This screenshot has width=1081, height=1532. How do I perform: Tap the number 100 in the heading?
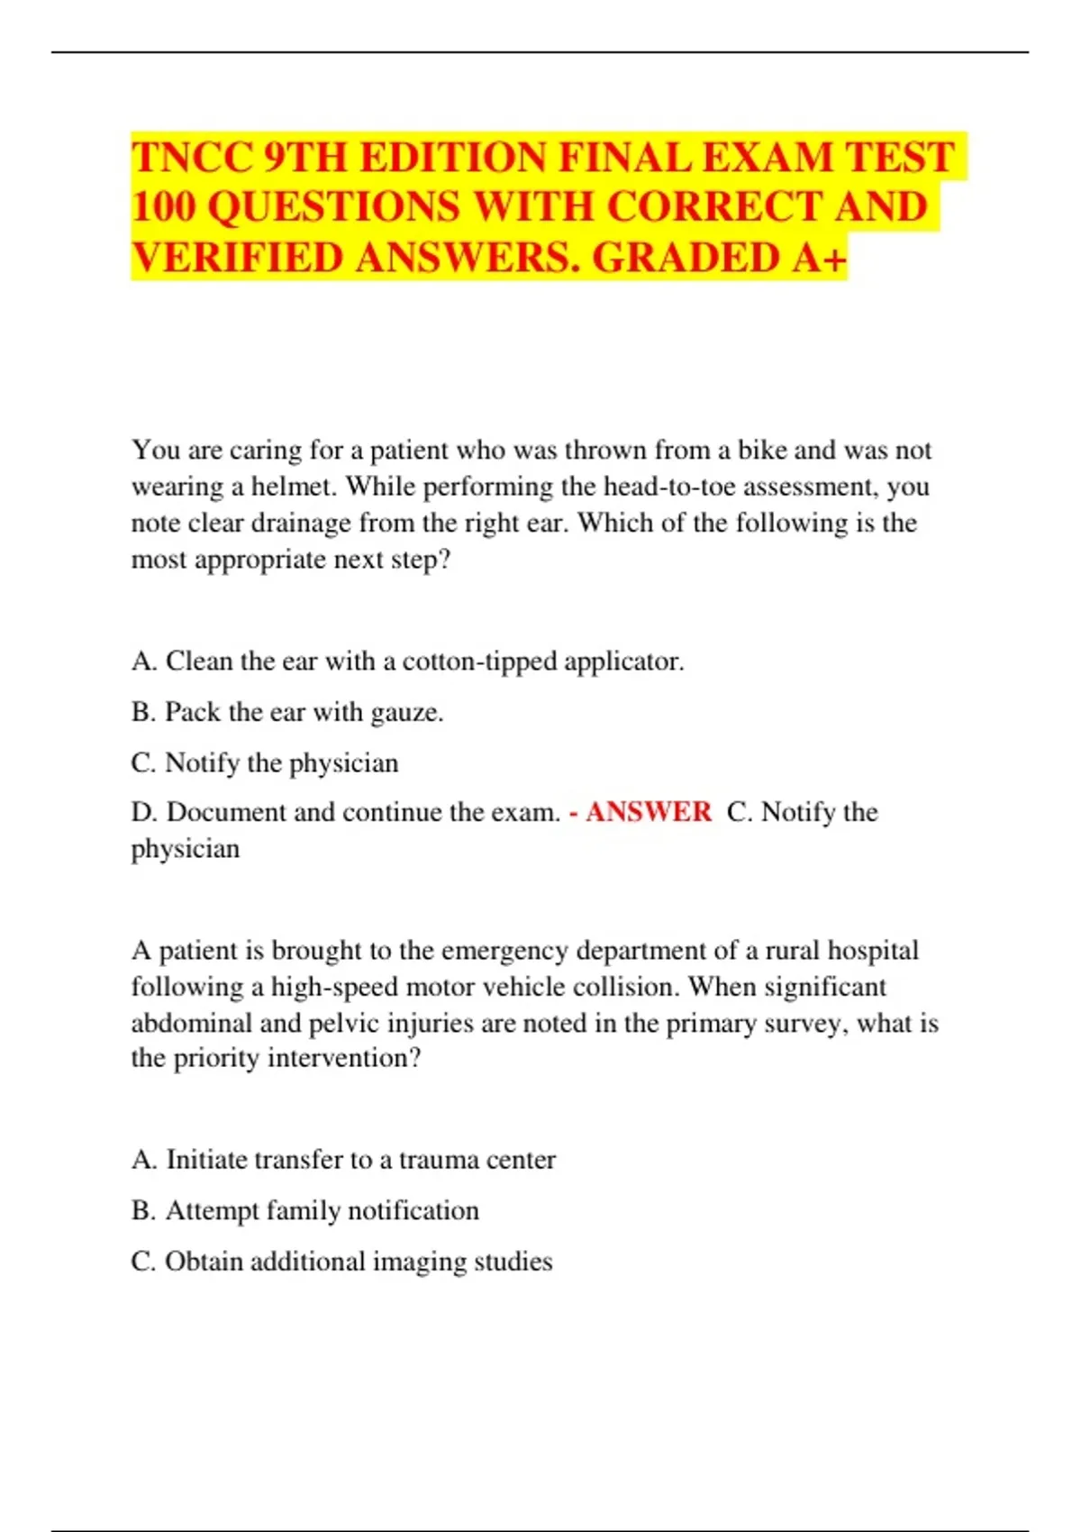click(163, 207)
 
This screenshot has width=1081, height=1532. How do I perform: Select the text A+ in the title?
click(820, 258)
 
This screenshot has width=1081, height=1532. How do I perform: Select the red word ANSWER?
click(649, 812)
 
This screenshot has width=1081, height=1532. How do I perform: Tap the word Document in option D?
click(226, 812)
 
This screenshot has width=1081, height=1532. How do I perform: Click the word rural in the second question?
click(793, 951)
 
